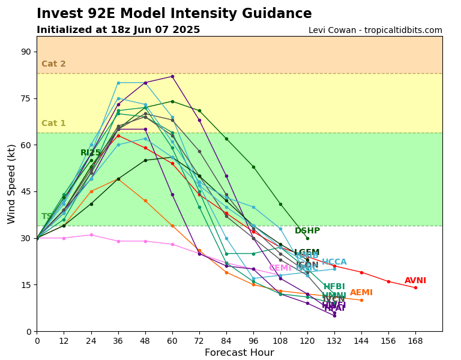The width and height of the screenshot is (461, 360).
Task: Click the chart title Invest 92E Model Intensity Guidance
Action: click(174, 14)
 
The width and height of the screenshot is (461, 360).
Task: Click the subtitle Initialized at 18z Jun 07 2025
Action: click(118, 30)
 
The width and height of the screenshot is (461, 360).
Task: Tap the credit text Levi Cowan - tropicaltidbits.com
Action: click(375, 31)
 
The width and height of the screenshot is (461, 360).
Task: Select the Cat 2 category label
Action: click(53, 64)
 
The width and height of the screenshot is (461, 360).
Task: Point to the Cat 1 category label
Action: click(53, 124)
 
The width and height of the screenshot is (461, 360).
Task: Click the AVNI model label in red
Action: click(415, 281)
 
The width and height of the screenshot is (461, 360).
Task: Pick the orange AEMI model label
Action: click(361, 293)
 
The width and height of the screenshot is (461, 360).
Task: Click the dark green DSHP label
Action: click(307, 231)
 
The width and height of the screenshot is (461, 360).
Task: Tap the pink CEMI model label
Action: click(280, 268)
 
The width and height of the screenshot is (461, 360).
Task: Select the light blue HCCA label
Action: click(334, 262)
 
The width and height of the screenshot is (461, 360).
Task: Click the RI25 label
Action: click(91, 153)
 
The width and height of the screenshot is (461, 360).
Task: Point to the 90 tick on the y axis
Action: click(26, 52)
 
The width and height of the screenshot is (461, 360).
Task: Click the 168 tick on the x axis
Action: click(415, 341)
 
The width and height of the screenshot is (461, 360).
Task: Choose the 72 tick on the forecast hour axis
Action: click(199, 341)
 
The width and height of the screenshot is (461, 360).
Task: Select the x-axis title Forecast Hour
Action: click(239, 353)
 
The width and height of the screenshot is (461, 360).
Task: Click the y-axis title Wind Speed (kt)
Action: click(12, 184)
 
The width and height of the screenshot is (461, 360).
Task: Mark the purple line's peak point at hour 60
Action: click(172, 76)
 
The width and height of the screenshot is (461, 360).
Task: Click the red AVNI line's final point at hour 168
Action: click(415, 287)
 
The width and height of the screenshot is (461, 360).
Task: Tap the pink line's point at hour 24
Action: click(91, 235)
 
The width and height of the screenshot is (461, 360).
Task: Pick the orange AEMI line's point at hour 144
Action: click(361, 300)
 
